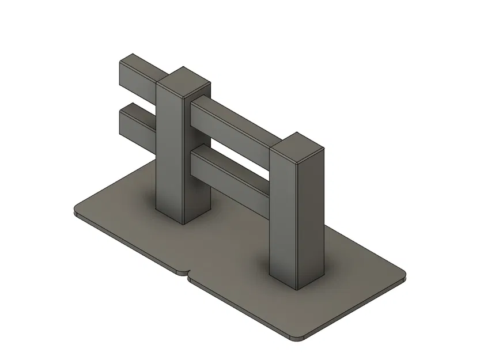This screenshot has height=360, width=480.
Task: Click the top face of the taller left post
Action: pyautogui.click(x=183, y=81)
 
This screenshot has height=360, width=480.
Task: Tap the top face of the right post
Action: pyautogui.click(x=297, y=146)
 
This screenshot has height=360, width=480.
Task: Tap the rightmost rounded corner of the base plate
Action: pyautogui.click(x=403, y=276)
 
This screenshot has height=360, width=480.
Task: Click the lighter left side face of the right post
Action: pyautogui.click(x=283, y=219)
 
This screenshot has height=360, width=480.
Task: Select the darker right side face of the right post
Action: pyautogui.click(x=311, y=219)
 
